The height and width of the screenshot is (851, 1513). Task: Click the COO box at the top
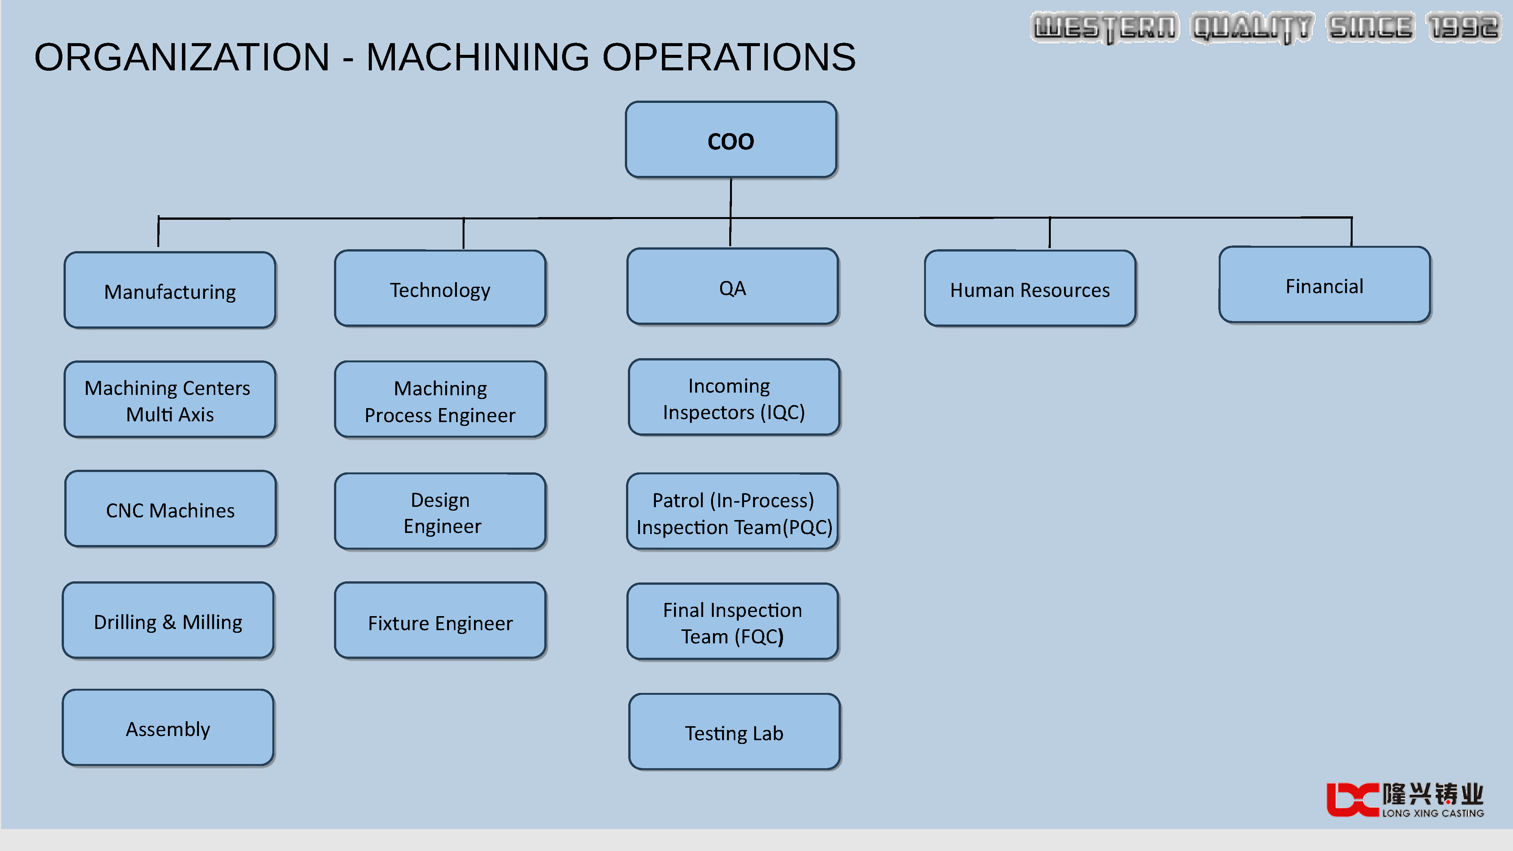coord(731,140)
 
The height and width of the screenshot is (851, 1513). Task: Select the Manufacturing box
coord(170,290)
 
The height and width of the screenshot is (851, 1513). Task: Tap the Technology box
coord(440,288)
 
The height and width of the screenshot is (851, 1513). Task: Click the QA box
coord(732,287)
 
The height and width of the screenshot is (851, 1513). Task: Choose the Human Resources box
coord(1030,288)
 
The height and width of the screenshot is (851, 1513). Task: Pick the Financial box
coord(1325,285)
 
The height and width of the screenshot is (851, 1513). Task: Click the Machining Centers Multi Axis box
coord(170,399)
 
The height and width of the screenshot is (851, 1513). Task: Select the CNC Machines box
coord(170,509)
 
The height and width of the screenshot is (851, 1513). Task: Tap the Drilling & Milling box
coord(168,620)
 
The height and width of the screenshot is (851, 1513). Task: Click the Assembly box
coord(168,728)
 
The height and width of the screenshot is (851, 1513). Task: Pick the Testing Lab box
coord(734,732)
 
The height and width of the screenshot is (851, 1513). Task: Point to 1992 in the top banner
coord(1462,28)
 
